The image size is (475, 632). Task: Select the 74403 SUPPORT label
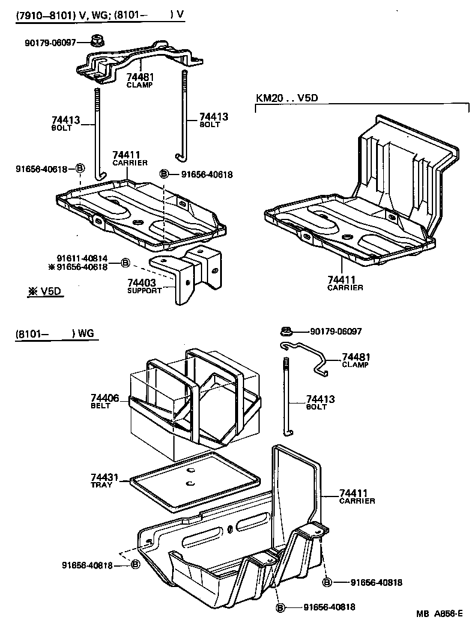coord(144,285)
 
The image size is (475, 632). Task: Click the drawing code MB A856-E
coord(441,613)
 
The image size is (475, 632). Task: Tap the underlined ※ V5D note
coord(43,291)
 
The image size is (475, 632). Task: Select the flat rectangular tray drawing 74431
coord(195,480)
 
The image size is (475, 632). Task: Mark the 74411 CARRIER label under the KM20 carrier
coord(345,283)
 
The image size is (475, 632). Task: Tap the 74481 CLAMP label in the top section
coord(139,80)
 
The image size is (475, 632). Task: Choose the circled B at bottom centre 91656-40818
coord(279,607)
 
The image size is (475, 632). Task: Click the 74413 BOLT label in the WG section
coord(320,402)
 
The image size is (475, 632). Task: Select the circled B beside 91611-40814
coord(125,263)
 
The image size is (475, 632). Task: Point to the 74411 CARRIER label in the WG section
coord(357,496)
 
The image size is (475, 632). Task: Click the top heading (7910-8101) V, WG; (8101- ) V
coord(99,14)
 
